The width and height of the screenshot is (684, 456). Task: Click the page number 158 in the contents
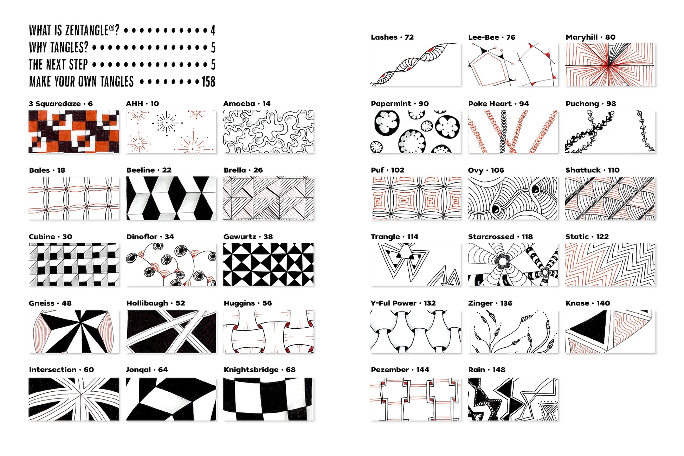[x=208, y=82]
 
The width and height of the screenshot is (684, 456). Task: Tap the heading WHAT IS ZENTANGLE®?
[x=74, y=30]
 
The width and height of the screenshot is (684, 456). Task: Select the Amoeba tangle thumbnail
[x=269, y=132]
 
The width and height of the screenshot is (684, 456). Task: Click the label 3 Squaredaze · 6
[x=61, y=104]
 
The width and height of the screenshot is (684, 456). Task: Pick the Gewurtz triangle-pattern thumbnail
[x=269, y=264]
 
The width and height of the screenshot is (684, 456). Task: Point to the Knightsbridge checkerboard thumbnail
[x=268, y=399]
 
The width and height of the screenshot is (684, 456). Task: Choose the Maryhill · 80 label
[x=591, y=37]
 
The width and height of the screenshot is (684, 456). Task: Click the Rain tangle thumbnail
[x=513, y=399]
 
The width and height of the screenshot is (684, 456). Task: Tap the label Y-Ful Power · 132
[x=403, y=303]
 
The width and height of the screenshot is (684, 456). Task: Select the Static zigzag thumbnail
[x=610, y=264]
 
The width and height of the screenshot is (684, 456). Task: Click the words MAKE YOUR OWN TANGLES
[x=81, y=82]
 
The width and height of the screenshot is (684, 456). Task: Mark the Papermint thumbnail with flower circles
[x=415, y=132]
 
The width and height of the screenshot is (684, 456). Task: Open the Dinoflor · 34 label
[x=150, y=237]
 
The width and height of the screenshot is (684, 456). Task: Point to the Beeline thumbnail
[x=171, y=198]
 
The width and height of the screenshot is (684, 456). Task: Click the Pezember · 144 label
[x=400, y=370]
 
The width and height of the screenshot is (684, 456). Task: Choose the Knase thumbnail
[x=610, y=332]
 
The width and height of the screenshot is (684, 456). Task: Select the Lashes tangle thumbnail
[x=415, y=64]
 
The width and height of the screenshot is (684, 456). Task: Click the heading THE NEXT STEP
[x=58, y=64]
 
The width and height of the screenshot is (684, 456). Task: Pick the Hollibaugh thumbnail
[x=171, y=332]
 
